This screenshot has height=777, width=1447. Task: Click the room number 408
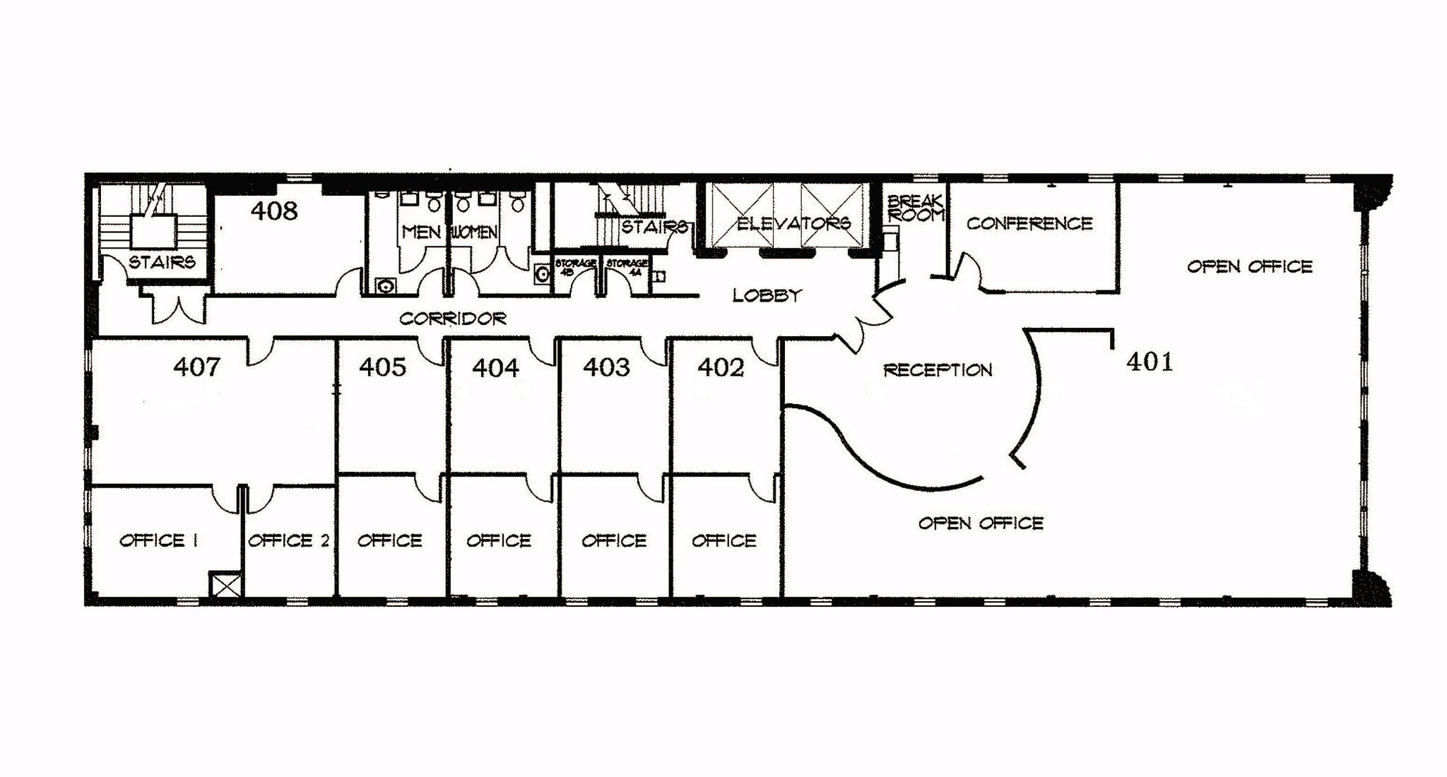[x=274, y=210]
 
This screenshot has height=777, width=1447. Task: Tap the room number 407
[x=196, y=367]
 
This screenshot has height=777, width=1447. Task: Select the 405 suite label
[x=382, y=367]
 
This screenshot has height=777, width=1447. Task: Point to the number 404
[x=495, y=367]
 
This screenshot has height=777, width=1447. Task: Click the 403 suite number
[x=606, y=367]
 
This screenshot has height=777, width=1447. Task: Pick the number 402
[x=721, y=367]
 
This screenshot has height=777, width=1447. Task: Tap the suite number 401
[x=1150, y=362]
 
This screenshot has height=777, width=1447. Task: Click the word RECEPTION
[x=938, y=370]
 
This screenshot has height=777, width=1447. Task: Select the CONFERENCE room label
[x=1029, y=224]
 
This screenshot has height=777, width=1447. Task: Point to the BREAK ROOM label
[x=915, y=208]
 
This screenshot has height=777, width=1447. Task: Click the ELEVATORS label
[x=793, y=224]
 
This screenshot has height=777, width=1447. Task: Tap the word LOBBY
[x=767, y=295]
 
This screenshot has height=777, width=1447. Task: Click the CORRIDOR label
[x=452, y=319]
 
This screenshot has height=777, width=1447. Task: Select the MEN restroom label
[x=421, y=232]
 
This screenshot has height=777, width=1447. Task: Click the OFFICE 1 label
[x=158, y=540]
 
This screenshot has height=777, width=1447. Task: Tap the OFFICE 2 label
[x=288, y=540]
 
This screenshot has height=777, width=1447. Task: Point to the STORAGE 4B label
[x=575, y=266]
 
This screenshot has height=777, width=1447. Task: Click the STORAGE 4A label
[x=626, y=266]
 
